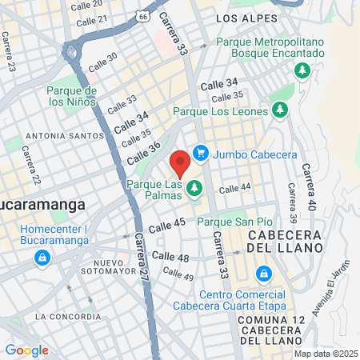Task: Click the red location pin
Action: click(180, 162)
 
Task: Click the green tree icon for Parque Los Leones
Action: click(278, 110)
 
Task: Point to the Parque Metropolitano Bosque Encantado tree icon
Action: click(303, 70)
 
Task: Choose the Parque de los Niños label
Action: click(71, 97)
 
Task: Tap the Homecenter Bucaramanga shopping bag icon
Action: click(42, 258)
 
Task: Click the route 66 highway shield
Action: click(142, 15)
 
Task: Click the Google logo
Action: click(26, 350)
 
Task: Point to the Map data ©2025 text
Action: click(324, 354)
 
